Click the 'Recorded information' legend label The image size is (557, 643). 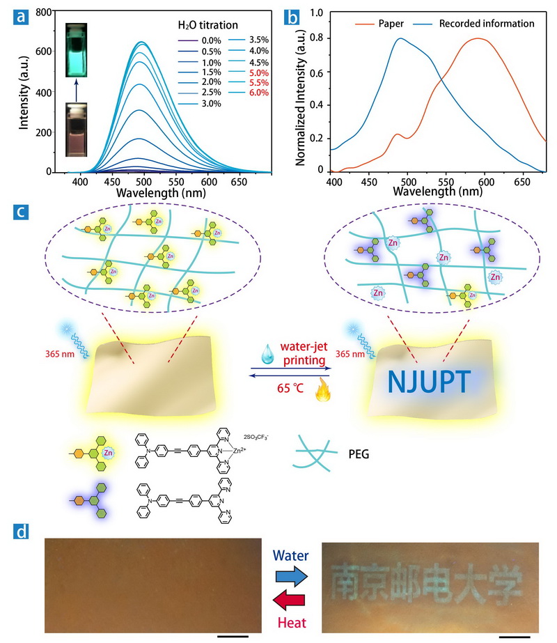point(487,24)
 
